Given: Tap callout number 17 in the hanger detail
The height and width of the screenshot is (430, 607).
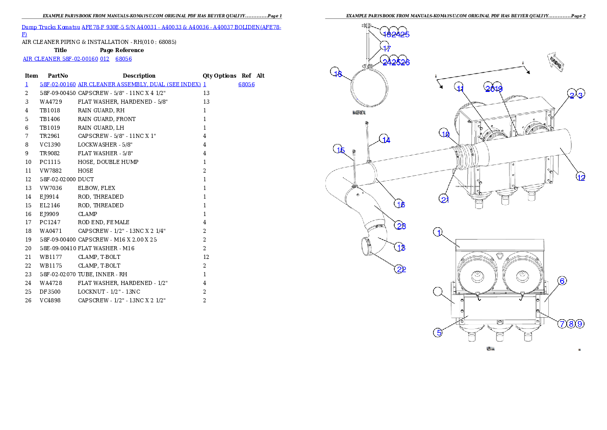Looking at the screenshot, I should click(386, 48).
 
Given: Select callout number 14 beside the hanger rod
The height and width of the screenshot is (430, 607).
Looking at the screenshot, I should click(386, 140).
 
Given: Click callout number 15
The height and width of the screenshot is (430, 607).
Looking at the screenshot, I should click(340, 150).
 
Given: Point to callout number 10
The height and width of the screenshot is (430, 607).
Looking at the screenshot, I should click(445, 134).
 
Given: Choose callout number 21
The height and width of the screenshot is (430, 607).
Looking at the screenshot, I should click(445, 199).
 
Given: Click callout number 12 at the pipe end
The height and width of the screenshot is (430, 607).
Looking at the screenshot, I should click(580, 177).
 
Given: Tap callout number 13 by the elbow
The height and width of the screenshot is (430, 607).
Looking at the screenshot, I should click(401, 248).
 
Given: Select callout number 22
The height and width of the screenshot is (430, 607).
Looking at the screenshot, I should click(401, 269).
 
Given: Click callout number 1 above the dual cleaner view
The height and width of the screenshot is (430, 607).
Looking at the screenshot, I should click(438, 233).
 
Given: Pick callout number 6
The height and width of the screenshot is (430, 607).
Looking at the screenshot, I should click(562, 281).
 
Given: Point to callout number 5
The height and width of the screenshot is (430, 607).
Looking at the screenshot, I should click(438, 332).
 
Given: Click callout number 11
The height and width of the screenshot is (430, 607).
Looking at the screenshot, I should click(460, 88).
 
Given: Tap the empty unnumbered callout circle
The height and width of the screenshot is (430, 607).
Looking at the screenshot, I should click(438, 292).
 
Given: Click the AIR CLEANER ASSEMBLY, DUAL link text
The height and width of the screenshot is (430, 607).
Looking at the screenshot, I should click(139, 84).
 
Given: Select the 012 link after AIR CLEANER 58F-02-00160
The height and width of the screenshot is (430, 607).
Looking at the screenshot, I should click(105, 59).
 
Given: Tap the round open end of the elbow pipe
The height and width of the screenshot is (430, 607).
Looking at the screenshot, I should click(366, 246).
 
